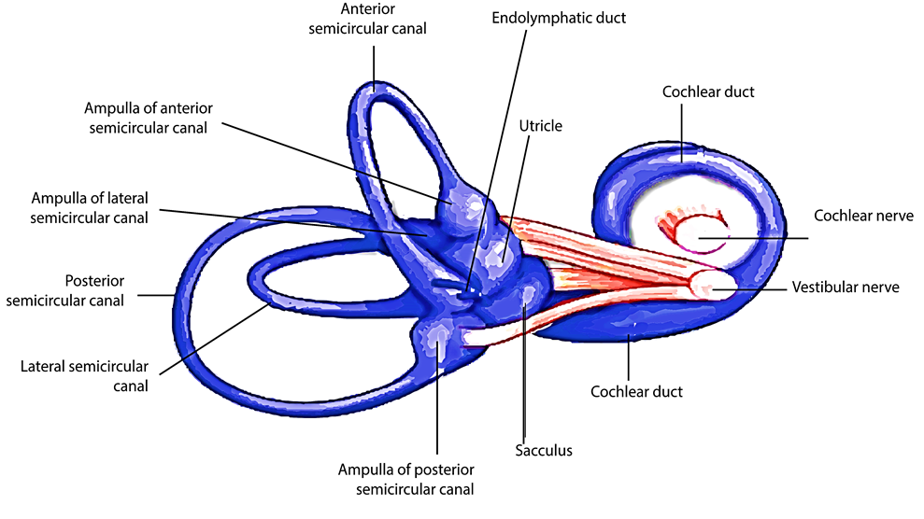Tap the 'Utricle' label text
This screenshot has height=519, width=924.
coord(541,125)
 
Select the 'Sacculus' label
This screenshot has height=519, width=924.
coord(543,451)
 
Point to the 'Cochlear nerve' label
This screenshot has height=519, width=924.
coord(858,216)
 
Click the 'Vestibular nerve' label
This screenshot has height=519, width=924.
coord(845,288)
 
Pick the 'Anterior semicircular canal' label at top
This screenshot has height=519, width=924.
coord(383,19)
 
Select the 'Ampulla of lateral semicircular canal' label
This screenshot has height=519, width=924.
coord(90,208)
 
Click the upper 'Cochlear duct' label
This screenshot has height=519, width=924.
coord(708,91)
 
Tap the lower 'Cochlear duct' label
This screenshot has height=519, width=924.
coord(636,391)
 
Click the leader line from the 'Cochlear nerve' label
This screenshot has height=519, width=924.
coord(757,239)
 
